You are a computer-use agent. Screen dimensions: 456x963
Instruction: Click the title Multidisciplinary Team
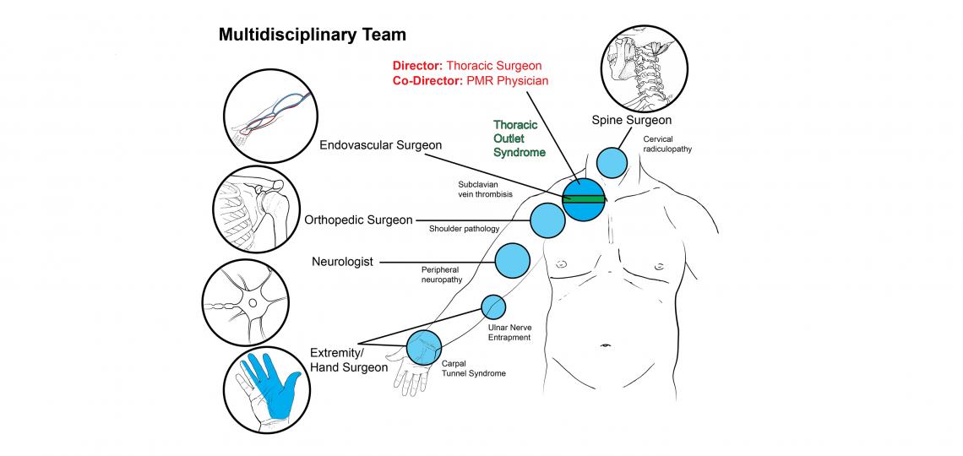pos(312,35)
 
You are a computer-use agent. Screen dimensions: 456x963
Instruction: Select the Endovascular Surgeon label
pos(380,145)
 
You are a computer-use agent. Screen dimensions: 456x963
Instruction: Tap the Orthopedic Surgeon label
pos(358,220)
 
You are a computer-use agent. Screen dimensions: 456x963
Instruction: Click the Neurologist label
pos(342,262)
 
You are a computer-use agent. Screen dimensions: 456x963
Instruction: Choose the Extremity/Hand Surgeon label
pos(348,359)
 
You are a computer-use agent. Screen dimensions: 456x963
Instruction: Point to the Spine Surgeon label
pos(631,121)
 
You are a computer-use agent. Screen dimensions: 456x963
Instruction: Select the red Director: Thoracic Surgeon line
pos(467,65)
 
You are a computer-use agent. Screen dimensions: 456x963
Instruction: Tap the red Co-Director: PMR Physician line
pos(471,81)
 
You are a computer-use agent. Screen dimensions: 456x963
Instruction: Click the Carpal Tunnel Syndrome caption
pos(474,368)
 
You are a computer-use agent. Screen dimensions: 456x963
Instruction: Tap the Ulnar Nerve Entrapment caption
pos(509,332)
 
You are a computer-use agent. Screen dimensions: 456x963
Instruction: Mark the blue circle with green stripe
pos(584,199)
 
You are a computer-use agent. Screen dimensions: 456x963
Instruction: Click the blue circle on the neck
pos(612,161)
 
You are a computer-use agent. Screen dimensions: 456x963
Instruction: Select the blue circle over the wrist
pos(424,345)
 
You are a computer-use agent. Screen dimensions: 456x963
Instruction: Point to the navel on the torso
pos(605,346)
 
